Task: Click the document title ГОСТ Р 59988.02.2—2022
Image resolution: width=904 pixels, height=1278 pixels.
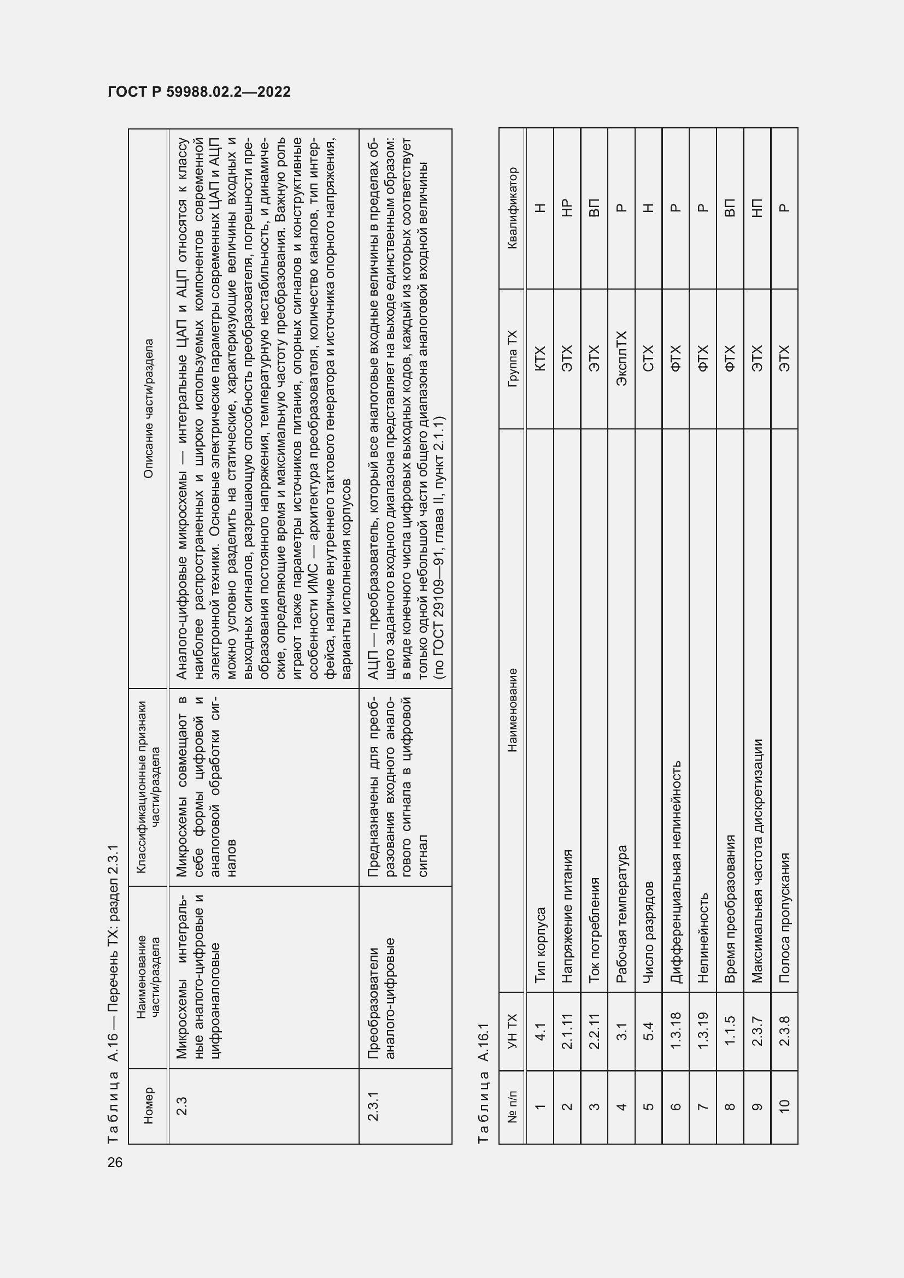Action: [199, 92]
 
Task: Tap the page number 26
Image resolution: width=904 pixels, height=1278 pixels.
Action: [115, 1162]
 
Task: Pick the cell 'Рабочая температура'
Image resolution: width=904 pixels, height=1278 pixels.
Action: [621, 914]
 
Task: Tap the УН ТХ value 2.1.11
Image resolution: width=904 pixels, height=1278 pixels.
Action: [567, 1032]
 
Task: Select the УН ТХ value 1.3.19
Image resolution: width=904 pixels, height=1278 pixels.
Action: [702, 1032]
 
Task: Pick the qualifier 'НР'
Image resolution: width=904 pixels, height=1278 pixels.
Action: [567, 208]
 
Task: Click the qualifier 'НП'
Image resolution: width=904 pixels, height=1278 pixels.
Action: [757, 208]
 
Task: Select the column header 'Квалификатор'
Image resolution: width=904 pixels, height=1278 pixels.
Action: [512, 208]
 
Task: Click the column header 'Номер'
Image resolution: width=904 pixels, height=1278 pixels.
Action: [148, 1106]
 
